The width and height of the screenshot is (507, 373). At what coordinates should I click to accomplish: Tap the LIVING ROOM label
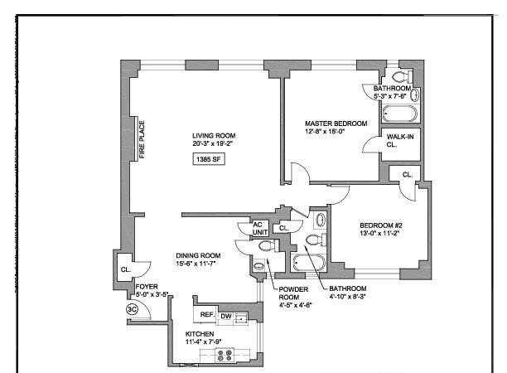tap(214, 136)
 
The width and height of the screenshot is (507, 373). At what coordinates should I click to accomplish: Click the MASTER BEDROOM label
tap(336, 124)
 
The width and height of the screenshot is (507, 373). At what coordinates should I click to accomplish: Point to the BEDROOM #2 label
tap(381, 226)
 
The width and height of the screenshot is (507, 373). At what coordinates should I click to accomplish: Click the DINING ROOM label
tap(198, 255)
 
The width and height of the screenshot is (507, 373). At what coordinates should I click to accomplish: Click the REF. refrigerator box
tap(204, 316)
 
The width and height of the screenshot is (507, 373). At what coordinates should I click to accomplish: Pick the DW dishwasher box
tap(225, 316)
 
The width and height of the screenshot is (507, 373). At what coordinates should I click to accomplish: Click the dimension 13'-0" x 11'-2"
tap(381, 235)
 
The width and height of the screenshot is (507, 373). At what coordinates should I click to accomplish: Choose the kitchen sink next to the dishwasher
tap(240, 317)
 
